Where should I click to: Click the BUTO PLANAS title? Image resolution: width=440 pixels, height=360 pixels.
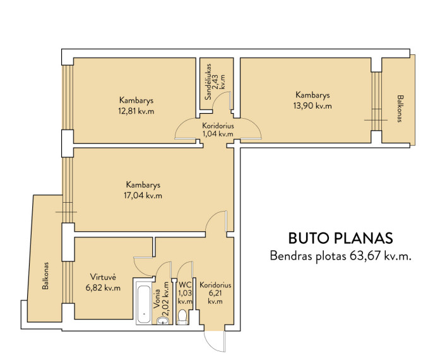[x=341, y=238]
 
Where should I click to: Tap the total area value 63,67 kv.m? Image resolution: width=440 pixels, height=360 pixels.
[x=381, y=256]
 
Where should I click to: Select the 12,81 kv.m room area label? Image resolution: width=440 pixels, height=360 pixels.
[x=136, y=111]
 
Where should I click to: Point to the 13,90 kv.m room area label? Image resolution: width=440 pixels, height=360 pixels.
[x=312, y=106]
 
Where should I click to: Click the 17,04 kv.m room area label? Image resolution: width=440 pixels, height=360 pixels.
[x=143, y=195]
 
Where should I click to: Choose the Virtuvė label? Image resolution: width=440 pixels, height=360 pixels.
[x=103, y=277]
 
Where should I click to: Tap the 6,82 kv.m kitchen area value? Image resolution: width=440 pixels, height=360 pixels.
[x=104, y=288]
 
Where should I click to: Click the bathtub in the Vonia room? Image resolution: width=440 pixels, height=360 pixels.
[x=144, y=302]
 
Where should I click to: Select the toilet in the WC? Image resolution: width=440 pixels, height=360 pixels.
[x=182, y=317]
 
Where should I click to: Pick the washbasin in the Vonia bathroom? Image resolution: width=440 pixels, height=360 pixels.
[x=162, y=320]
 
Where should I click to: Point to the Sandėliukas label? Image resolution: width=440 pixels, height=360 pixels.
[x=208, y=81]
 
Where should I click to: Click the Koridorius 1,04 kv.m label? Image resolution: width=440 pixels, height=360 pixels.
[x=218, y=129]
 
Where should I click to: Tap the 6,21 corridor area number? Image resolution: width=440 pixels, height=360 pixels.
[x=215, y=293]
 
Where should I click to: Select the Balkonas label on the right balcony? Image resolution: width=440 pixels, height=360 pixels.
[x=400, y=109]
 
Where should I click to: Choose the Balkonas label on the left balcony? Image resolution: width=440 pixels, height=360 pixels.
[x=45, y=276]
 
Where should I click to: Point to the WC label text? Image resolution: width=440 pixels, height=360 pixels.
[x=185, y=284]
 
